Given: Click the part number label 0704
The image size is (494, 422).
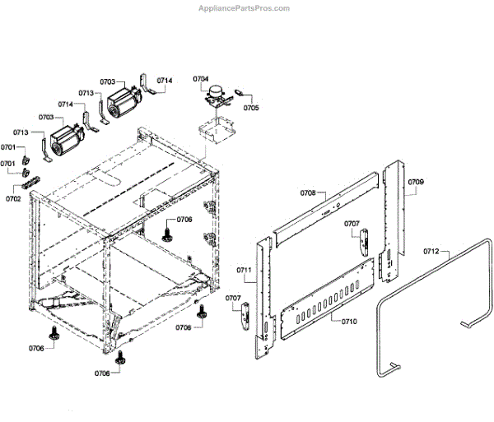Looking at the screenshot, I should point(201,79).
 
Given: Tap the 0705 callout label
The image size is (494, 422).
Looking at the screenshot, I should point(251,107).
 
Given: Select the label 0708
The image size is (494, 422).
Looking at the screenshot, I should point(308,192).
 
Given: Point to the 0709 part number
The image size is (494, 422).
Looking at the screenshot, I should point(416,181).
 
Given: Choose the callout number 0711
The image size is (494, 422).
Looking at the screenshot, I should point(245,270).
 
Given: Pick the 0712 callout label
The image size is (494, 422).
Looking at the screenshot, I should point(431,252).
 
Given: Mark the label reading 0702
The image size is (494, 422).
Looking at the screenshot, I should point(14,198).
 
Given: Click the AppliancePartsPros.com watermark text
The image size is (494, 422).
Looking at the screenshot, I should point(245,7).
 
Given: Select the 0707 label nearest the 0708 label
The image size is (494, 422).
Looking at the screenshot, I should point(352,224).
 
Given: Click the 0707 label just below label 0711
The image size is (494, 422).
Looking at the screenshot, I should point(234,298).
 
